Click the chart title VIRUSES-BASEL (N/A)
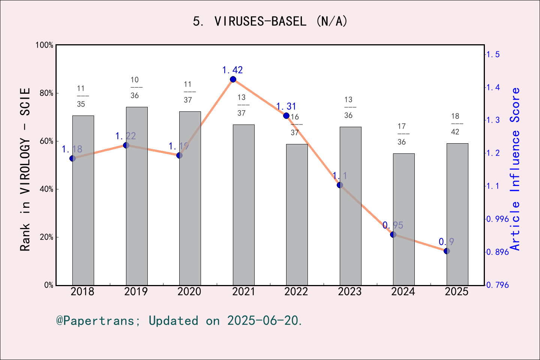[x=270, y=21]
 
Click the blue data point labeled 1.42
[x=233, y=79]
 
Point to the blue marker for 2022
[x=286, y=115]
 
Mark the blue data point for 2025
[x=447, y=251]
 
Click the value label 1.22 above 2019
[x=126, y=136]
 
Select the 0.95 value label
[x=393, y=225]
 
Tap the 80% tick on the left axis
[x=46, y=93]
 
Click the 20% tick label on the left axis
[x=46, y=237]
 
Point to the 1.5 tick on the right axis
[x=493, y=54]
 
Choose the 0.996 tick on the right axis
[x=498, y=219]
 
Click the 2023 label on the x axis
[x=349, y=291]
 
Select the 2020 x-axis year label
[x=189, y=291]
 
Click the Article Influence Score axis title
[x=515, y=169]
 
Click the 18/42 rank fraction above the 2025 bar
[x=455, y=124]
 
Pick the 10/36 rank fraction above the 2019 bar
[x=135, y=87]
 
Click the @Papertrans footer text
[x=179, y=321]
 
